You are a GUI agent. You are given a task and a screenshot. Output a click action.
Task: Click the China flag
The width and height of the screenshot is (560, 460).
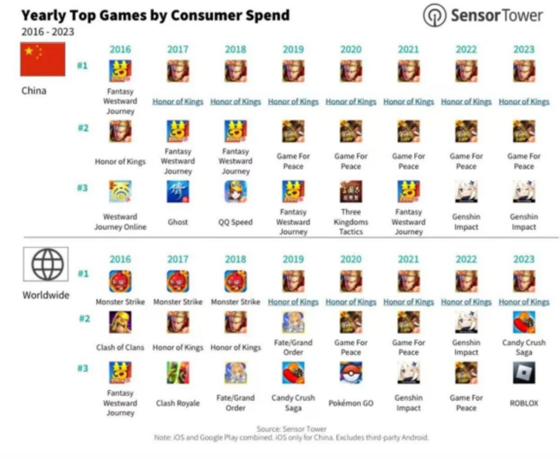tap(43, 59)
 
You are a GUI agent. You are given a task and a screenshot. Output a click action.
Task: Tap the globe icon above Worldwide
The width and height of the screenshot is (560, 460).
tap(46, 264)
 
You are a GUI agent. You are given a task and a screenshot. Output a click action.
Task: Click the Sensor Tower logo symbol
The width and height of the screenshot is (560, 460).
tap(434, 16)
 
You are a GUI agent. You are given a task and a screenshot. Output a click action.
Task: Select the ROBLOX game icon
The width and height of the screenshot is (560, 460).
tap(524, 373)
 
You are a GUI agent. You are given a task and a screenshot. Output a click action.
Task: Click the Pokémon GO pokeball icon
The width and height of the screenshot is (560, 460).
tap(351, 373)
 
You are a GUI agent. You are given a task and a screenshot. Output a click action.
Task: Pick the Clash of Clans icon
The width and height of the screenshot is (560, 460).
tap(120, 322)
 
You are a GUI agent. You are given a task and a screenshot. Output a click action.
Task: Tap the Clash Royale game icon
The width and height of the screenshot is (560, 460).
tap(178, 373)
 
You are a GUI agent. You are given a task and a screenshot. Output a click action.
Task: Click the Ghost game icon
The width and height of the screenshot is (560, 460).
tap(178, 191)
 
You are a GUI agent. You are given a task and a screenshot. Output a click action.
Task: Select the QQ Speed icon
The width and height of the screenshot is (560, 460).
tap(235, 191)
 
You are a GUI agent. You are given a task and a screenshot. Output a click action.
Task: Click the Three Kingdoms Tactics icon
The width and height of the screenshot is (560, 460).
tap(351, 191)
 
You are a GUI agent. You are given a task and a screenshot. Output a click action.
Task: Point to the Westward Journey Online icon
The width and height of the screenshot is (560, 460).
tap(120, 191)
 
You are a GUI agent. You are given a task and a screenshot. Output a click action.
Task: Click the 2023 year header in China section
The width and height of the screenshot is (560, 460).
tap(524, 49)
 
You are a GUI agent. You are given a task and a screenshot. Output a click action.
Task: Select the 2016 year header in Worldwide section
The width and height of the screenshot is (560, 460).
tap(120, 259)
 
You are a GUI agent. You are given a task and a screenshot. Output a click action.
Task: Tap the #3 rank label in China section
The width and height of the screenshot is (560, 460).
tap(82, 188)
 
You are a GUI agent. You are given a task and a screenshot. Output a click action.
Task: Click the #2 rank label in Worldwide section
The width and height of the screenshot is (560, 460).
tap(84, 319)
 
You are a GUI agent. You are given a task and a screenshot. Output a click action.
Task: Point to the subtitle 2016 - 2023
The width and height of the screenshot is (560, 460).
tap(48, 32)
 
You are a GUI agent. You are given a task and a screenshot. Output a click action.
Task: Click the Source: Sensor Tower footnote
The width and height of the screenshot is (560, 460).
tap(291, 429)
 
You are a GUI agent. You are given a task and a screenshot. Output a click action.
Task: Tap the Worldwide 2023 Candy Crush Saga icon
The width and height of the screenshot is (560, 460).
tap(524, 322)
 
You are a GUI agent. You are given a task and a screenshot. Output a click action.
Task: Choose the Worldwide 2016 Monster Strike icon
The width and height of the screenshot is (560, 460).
tap(120, 281)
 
